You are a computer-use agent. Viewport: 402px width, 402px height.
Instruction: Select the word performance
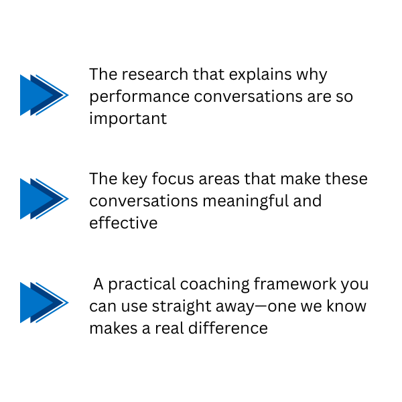click(x=139, y=97)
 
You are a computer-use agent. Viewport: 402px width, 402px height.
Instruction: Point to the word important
click(x=128, y=120)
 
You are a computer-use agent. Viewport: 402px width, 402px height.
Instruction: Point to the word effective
click(x=123, y=223)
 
